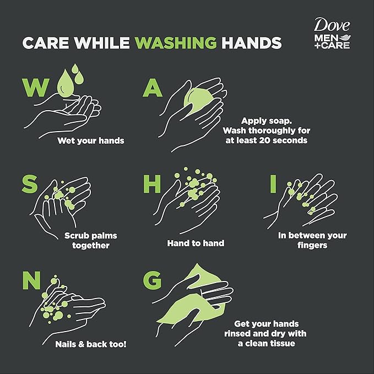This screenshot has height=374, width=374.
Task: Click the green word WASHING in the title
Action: [176, 43]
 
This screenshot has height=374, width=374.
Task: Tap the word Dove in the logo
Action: [332, 25]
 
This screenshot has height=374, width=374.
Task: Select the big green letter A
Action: [153, 88]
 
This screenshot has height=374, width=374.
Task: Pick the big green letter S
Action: [30, 183]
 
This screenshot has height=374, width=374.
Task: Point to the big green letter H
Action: [152, 184]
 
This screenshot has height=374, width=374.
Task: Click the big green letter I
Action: [273, 184]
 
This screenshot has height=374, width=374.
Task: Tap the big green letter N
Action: [31, 280]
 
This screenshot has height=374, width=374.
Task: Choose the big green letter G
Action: [152, 280]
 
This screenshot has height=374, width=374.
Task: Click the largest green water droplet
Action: [65, 84]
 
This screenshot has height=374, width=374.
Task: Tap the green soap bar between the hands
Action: [198, 101]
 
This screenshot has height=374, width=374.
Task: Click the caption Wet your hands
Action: [91, 140]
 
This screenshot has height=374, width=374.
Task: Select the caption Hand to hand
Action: [196, 243]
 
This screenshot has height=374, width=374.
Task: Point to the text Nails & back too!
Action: [91, 344]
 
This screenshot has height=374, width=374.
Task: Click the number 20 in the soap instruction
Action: [264, 140]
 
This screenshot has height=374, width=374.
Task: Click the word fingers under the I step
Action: [312, 246]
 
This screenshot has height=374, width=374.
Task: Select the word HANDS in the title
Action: [252, 43]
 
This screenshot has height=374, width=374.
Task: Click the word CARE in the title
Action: [46, 43]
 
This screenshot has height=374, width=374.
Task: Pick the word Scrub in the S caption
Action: [76, 236]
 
